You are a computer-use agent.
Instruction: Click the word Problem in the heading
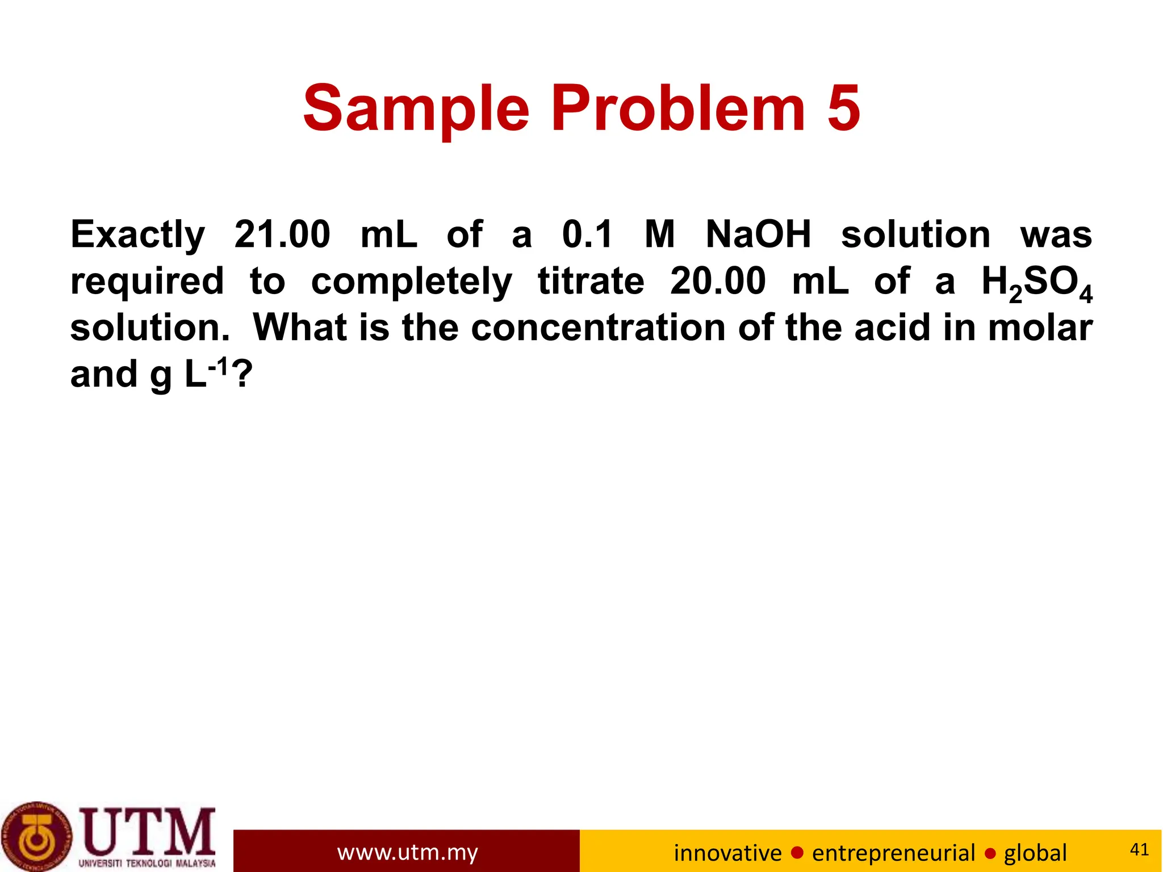pyautogui.click(x=678, y=108)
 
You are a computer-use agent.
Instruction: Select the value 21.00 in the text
pyautogui.click(x=282, y=234)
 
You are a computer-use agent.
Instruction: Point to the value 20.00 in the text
pyautogui.click(x=718, y=281)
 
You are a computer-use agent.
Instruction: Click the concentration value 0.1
pyautogui.click(x=588, y=234)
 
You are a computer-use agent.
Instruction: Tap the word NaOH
pyautogui.click(x=758, y=234)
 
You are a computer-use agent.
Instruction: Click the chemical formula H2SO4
pyautogui.click(x=1036, y=283)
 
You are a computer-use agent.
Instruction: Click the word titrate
pyautogui.click(x=591, y=281)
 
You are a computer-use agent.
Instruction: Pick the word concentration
pyautogui.click(x=598, y=328)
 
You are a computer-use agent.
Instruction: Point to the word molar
pyautogui.click(x=1040, y=328)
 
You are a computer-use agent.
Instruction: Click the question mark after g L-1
pyautogui.click(x=241, y=374)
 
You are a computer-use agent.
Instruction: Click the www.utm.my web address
pyautogui.click(x=407, y=852)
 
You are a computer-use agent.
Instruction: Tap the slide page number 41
pyautogui.click(x=1139, y=849)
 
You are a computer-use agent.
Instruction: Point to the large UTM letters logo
pyautogui.click(x=148, y=832)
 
